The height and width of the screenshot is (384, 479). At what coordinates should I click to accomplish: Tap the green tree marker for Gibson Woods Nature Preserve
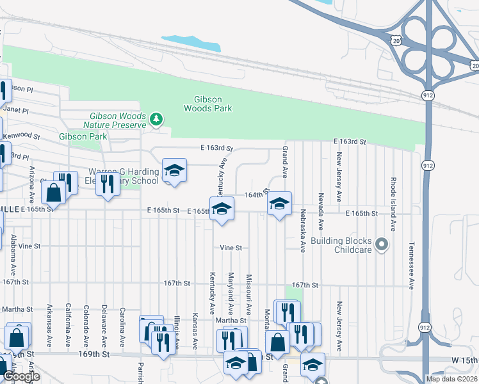click(x=156, y=119)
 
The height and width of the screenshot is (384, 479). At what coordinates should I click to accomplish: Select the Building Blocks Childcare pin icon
click(x=382, y=244)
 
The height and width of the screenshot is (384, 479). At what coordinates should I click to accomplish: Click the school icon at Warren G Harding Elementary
click(x=174, y=170)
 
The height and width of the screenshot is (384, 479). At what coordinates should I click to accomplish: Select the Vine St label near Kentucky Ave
click(x=231, y=248)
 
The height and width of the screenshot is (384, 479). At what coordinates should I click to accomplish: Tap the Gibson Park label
click(x=83, y=137)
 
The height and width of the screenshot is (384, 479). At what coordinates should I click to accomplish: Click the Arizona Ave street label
click(x=31, y=182)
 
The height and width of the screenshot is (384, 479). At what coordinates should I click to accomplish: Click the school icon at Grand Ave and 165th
click(x=279, y=204)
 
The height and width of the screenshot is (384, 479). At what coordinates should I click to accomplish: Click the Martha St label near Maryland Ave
click(x=234, y=320)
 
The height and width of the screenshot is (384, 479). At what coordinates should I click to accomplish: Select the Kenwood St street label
click(x=20, y=136)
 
